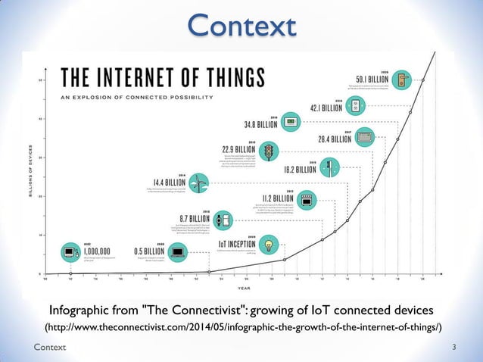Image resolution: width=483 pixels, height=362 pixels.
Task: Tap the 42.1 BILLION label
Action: click(x=326, y=108)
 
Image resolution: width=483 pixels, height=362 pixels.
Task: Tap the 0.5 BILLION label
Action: click(x=150, y=250)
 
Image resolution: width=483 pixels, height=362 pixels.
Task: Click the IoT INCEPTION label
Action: click(x=242, y=244)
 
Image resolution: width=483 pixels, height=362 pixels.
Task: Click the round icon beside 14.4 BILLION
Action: click(x=197, y=183)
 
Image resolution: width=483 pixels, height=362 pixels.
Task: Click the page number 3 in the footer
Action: click(x=453, y=347)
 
